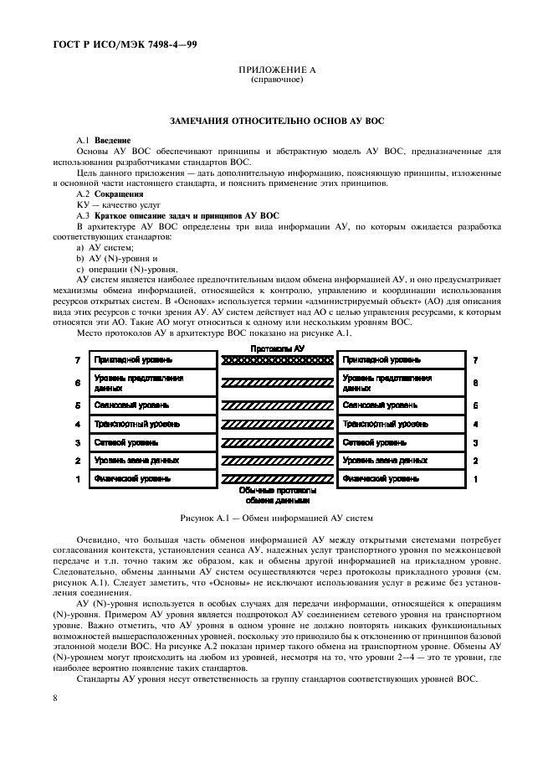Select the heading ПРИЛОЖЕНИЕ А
tap(276, 71)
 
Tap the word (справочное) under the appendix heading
tap(276, 80)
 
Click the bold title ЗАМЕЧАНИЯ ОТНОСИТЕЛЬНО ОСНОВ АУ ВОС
tap(276, 122)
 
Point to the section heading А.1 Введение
tap(104, 140)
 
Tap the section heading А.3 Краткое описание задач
tap(177, 216)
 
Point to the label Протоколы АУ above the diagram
tap(276, 347)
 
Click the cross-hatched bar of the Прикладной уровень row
tap(276, 360)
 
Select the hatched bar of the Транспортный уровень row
tap(276, 424)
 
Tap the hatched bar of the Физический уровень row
tap(276, 479)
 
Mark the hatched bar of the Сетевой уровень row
tap(276, 442)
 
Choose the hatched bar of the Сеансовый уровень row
tap(276, 405)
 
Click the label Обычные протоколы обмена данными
tap(277, 495)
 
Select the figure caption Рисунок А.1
tap(276, 518)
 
